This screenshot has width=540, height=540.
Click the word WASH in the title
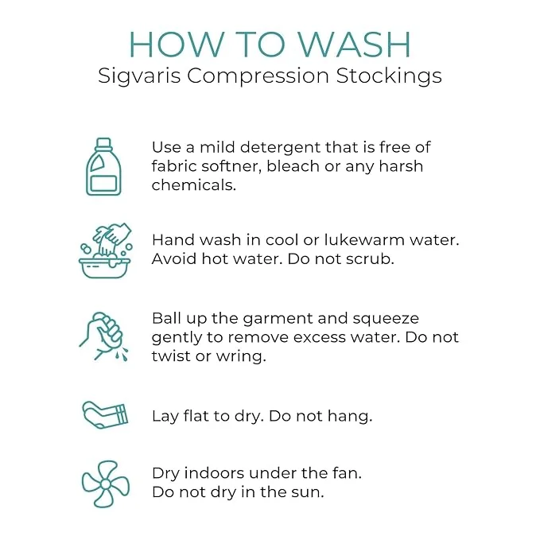(353, 45)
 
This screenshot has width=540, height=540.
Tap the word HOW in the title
(176, 45)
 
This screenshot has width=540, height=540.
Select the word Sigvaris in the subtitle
(139, 76)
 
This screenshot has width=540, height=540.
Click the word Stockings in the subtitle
(389, 76)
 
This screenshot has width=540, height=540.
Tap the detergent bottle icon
(103, 167)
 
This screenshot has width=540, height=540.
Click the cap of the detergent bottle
(103, 143)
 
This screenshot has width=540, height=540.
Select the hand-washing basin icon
(105, 251)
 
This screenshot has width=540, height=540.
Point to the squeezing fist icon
(103, 336)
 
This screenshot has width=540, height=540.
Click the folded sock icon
(105, 415)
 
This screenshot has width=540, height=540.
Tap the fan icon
(106, 484)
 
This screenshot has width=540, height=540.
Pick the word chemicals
(193, 185)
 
